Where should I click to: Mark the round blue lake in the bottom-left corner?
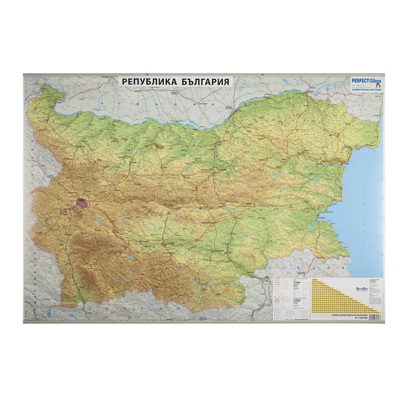[48, 313]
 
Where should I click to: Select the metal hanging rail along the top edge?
[204, 75]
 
